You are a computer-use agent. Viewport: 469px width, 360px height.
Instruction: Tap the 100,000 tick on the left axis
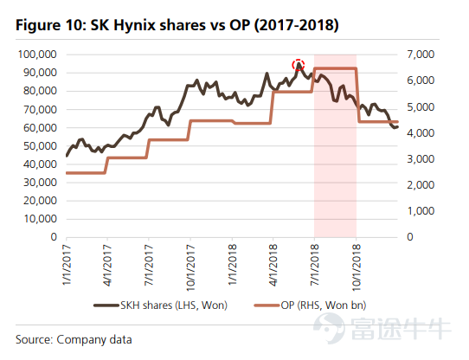tap(37, 55)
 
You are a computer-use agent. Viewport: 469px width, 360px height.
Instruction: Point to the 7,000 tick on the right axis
tap(421, 55)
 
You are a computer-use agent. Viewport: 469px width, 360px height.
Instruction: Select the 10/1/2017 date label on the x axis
tap(190, 267)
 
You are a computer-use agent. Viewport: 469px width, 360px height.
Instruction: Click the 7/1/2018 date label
tap(314, 265)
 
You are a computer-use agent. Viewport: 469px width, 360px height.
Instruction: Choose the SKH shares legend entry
tap(161, 305)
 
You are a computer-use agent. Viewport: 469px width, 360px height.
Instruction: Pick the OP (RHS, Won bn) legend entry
tap(310, 305)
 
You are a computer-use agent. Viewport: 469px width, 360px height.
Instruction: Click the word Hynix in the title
tap(134, 25)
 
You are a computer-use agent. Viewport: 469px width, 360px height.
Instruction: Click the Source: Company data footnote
tap(74, 339)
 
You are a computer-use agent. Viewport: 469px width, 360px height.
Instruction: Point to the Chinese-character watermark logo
tap(382, 328)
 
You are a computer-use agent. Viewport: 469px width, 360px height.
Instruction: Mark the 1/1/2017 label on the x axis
tap(67, 265)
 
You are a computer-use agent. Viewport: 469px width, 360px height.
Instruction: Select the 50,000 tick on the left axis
tap(40, 146)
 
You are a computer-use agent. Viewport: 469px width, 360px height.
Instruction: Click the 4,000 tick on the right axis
tap(421, 133)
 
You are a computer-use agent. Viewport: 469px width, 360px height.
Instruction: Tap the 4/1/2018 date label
tap(273, 265)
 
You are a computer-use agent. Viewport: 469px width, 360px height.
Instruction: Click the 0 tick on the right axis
tap(410, 237)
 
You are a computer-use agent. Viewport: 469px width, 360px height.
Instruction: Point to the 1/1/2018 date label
tap(233, 265)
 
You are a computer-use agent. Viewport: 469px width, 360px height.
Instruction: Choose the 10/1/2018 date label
tap(356, 267)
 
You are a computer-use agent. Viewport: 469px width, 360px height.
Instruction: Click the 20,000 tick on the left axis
tap(40, 201)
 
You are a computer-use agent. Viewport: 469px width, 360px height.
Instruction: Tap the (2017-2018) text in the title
tap(297, 25)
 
